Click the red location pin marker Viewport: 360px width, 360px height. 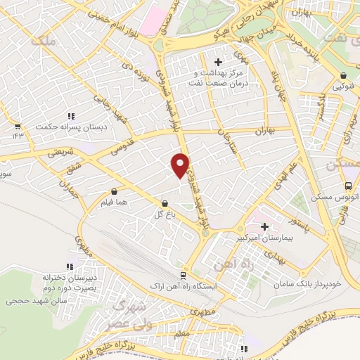click(x=181, y=165)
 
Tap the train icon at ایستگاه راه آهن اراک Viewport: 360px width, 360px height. click(x=183, y=276)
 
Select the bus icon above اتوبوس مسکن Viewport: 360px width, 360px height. click(x=349, y=186)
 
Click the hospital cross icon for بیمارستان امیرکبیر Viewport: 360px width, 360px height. click(x=265, y=226)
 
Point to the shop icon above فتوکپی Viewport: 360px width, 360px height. click(x=343, y=76)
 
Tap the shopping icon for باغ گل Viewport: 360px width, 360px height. click(x=164, y=202)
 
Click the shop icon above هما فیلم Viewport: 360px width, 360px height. click(x=114, y=191)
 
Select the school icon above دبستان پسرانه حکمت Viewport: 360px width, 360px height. click(x=71, y=116)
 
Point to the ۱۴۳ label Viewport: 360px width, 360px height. click(x=17, y=136)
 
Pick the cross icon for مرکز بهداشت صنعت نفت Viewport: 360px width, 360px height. click(x=218, y=63)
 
